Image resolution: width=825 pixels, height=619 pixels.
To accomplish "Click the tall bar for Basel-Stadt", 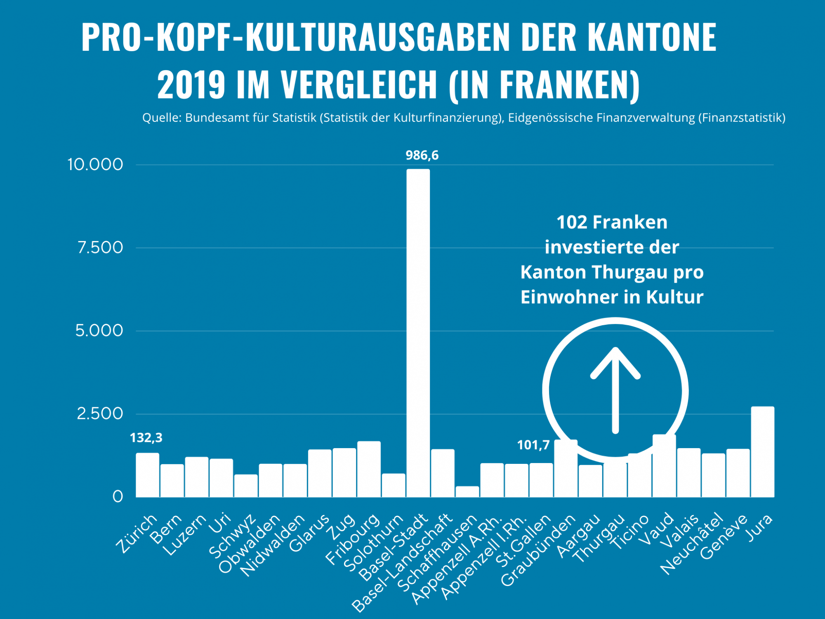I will point(418,330).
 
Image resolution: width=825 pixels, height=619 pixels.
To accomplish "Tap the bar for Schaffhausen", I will point(467,491).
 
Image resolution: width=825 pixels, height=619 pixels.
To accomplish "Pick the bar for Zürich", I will point(148,475).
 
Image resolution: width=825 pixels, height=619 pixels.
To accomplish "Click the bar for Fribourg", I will point(369,469).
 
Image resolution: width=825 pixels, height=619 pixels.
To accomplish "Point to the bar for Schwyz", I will point(246,486).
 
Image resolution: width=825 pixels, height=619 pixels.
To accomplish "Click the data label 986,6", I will point(422,155).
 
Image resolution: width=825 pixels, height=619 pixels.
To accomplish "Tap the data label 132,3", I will point(146,437).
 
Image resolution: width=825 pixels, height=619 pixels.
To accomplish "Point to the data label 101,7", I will point(533,445).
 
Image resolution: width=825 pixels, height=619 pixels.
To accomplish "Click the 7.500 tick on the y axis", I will point(100,248).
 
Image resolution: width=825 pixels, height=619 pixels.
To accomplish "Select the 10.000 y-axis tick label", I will point(95,164).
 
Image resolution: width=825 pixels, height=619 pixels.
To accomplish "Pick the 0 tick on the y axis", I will point(118,496).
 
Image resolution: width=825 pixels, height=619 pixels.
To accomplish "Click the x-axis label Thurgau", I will point(600,539).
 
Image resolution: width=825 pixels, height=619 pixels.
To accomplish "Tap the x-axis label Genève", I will point(724,536).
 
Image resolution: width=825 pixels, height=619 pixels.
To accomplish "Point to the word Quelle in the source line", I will point(162,118).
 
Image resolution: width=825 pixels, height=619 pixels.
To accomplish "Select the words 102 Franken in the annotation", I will point(612,222).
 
